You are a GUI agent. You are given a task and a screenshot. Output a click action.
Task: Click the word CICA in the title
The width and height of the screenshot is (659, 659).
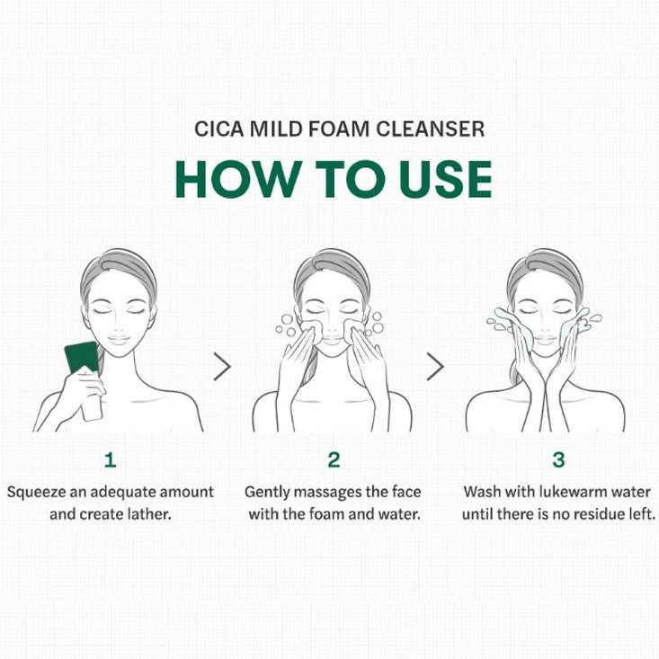click(x=219, y=129)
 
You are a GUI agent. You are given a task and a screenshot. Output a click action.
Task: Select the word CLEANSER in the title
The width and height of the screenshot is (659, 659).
click(x=430, y=129)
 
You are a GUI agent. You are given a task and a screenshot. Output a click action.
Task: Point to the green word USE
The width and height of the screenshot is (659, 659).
click(x=446, y=179)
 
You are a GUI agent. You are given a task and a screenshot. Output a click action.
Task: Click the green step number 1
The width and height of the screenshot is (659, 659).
click(x=110, y=459)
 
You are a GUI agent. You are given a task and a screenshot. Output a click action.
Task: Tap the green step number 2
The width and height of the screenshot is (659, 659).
click(x=334, y=459)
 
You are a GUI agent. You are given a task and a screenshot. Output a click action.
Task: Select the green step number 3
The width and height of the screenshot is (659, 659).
click(x=558, y=459)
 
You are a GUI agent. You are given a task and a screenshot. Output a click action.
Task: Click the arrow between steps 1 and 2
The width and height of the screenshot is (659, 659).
click(x=222, y=367)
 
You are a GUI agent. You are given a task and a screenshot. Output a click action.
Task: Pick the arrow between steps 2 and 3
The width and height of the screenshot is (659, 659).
click(x=435, y=367)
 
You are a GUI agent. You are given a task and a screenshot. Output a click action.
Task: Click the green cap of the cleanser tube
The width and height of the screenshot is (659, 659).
click(x=81, y=356)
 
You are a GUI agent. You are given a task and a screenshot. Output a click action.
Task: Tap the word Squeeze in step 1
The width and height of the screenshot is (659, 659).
click(x=36, y=493)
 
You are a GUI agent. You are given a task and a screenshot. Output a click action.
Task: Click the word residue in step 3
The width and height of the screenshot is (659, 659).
click(x=601, y=514)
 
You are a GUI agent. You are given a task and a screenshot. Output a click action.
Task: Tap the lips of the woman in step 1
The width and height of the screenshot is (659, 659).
click(x=119, y=339)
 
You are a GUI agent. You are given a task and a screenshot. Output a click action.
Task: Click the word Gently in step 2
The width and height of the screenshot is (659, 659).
click(x=266, y=493)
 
